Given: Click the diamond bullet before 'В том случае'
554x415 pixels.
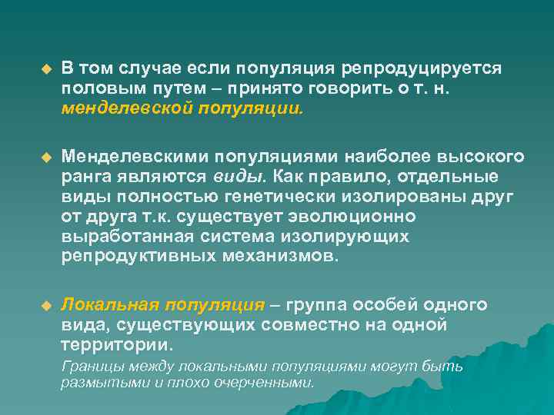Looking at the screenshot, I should [x=45, y=70].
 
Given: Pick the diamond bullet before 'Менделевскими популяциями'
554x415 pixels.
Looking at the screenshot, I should [x=45, y=158].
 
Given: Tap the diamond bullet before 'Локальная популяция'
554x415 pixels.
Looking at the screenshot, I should [x=45, y=306].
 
